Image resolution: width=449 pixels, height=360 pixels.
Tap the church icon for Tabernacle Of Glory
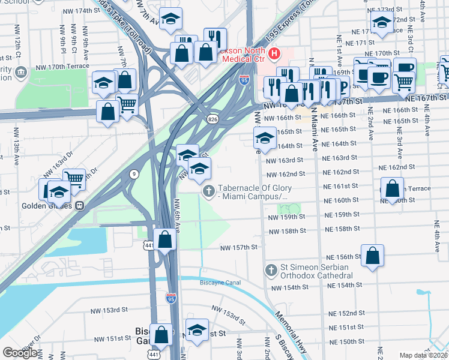pyautogui.click(x=208, y=191)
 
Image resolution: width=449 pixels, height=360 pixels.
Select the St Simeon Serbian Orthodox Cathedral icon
pyautogui.click(x=271, y=270)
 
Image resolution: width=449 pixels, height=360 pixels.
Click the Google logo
pyautogui.click(x=20, y=352)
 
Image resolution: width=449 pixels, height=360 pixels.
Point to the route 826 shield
pyautogui.click(x=213, y=120)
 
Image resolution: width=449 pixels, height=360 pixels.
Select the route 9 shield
pyautogui.click(x=132, y=174)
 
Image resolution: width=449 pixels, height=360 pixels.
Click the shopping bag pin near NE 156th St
pyautogui.click(x=373, y=254)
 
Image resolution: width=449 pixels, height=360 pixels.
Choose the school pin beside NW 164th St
pyautogui.click(x=265, y=137)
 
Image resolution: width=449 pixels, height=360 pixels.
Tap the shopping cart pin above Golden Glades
pyautogui.click(x=74, y=178)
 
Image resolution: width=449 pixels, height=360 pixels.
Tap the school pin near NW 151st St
pyautogui.click(x=196, y=331)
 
